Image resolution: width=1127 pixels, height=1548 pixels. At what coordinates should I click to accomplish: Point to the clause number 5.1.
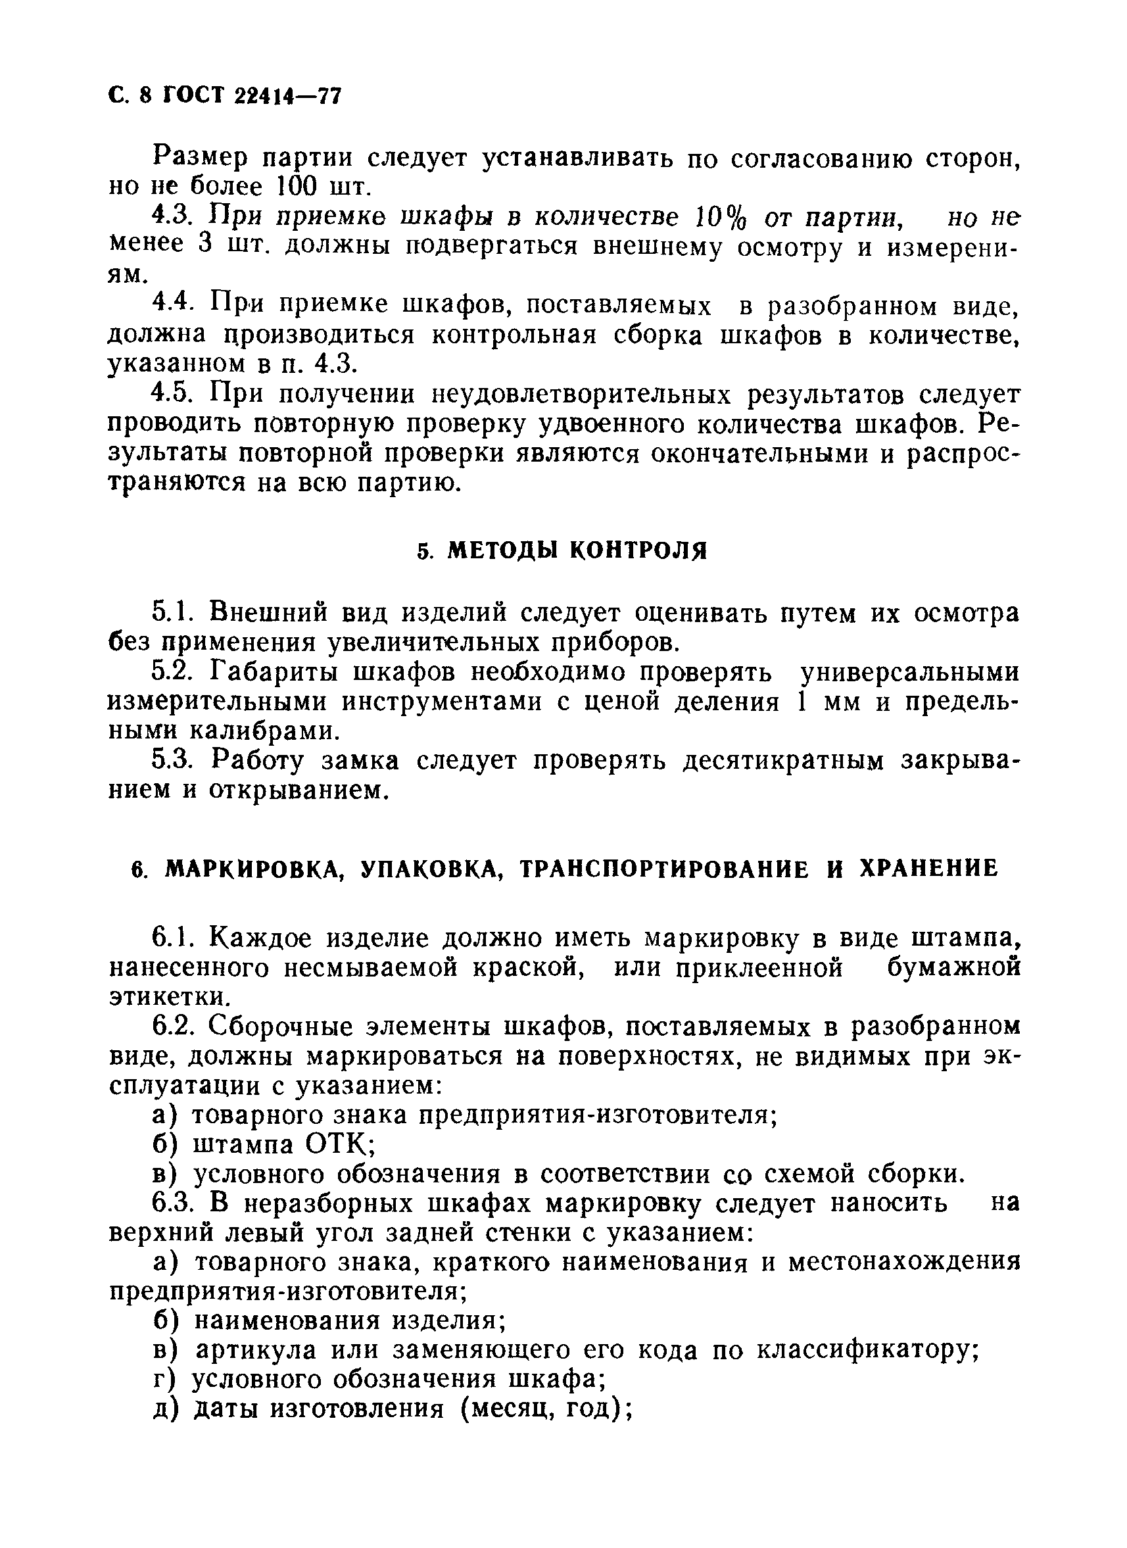pyautogui.click(x=175, y=612)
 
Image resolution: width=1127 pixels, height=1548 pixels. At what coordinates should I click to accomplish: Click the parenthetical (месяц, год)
pyautogui.click(x=546, y=1409)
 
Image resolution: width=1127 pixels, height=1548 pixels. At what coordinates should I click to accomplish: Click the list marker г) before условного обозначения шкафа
pyautogui.click(x=164, y=1380)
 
